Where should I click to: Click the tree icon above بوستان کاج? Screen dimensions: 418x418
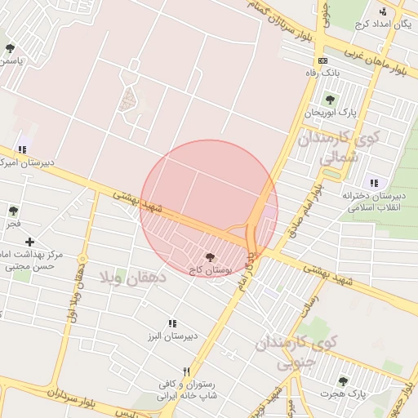[211, 257]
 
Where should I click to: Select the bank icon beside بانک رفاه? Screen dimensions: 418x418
[323, 60]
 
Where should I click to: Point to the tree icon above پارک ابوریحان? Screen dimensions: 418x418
[331, 100]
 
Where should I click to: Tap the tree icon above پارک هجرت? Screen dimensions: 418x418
[343, 381]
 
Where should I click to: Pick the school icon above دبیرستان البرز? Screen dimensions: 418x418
[172, 323]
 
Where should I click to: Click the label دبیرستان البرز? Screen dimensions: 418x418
[172, 336]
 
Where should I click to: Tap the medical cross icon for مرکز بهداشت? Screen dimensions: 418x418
[29, 242]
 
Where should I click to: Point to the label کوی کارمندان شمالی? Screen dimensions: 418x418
[338, 148]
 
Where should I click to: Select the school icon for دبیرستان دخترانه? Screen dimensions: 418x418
[374, 183]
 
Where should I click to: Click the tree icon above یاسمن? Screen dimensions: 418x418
[10, 48]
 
